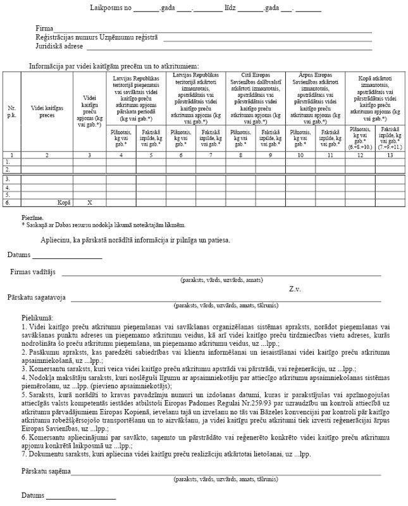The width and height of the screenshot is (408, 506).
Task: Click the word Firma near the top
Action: coord(44,29)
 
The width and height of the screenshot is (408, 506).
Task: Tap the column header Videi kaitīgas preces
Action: coord(47,112)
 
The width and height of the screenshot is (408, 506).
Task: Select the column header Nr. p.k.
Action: coord(11,112)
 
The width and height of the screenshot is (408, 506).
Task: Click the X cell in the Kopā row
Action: coord(89,203)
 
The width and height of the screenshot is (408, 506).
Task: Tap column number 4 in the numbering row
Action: coord(120,155)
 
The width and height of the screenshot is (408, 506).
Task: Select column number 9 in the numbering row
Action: coord(270,155)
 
